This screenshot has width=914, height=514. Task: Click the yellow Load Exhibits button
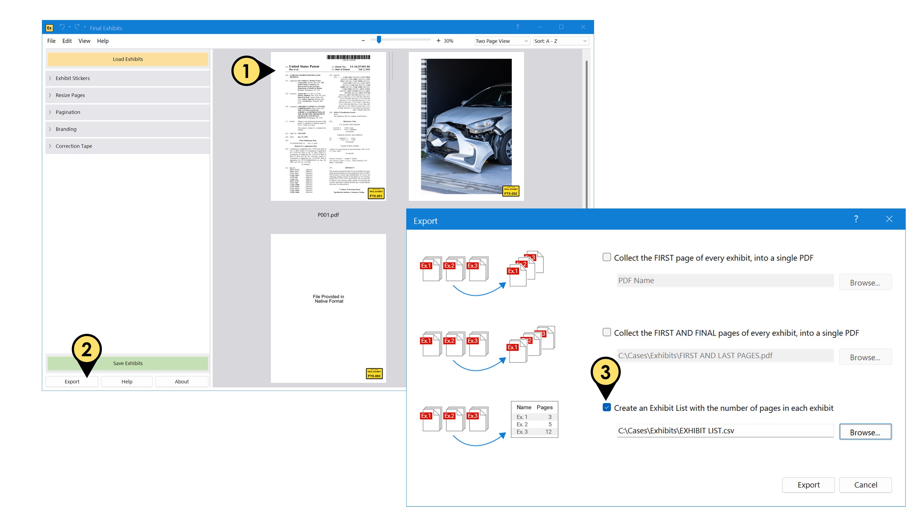pos(128,59)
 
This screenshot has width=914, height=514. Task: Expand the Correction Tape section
pos(74,146)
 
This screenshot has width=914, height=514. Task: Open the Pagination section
pos(68,112)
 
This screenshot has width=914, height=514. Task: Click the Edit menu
pos(67,41)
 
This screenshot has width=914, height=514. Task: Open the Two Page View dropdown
pos(502,41)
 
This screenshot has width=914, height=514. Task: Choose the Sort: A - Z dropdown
pos(560,41)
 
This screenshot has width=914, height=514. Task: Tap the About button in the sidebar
pos(181,381)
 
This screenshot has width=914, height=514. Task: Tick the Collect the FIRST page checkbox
pos(607,257)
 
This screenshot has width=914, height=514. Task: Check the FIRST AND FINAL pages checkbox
pos(607,333)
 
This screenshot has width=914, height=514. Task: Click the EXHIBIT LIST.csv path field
pos(725,431)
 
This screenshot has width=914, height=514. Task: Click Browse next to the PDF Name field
pos(865,283)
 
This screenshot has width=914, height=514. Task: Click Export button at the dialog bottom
pos(808,485)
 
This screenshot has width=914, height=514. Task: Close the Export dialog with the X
pos(889,219)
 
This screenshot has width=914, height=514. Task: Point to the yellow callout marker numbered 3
pos(605,372)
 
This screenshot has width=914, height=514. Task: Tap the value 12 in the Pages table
pos(548,432)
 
